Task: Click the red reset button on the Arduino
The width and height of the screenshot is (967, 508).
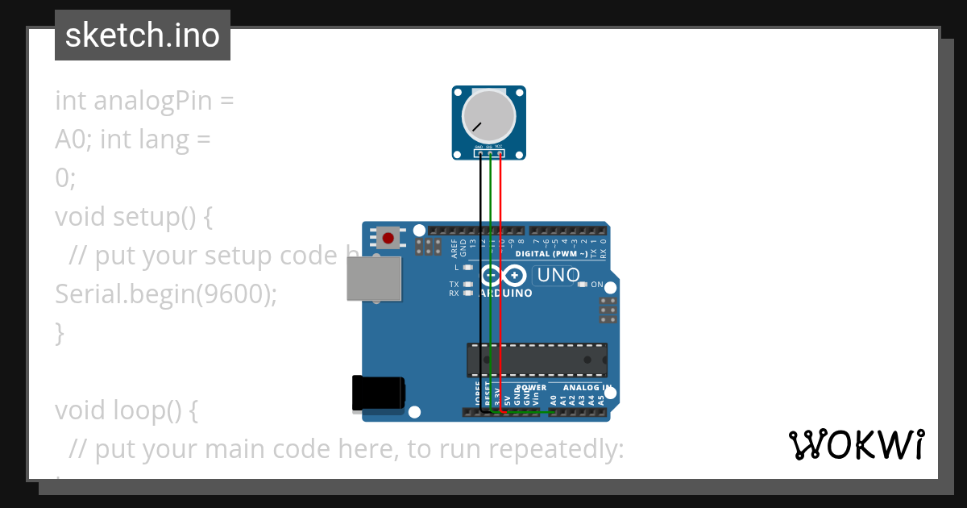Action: (388, 238)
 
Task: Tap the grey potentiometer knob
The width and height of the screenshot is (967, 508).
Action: (488, 115)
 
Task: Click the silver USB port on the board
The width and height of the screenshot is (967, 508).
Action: (374, 279)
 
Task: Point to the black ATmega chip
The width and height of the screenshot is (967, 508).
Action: (537, 360)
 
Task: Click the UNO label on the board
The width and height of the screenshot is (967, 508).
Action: (558, 275)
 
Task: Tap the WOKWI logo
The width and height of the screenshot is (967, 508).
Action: (856, 445)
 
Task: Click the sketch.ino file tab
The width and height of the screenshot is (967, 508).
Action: (143, 35)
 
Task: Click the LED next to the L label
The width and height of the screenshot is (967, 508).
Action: (468, 267)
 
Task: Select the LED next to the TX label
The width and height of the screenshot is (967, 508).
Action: (468, 284)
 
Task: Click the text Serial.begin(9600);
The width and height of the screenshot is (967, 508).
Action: (166, 294)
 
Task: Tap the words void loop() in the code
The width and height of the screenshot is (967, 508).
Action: (126, 410)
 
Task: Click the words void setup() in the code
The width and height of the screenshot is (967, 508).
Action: (133, 217)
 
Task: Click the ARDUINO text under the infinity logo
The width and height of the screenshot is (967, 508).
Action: (506, 294)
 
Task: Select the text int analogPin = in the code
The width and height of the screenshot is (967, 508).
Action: (144, 101)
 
